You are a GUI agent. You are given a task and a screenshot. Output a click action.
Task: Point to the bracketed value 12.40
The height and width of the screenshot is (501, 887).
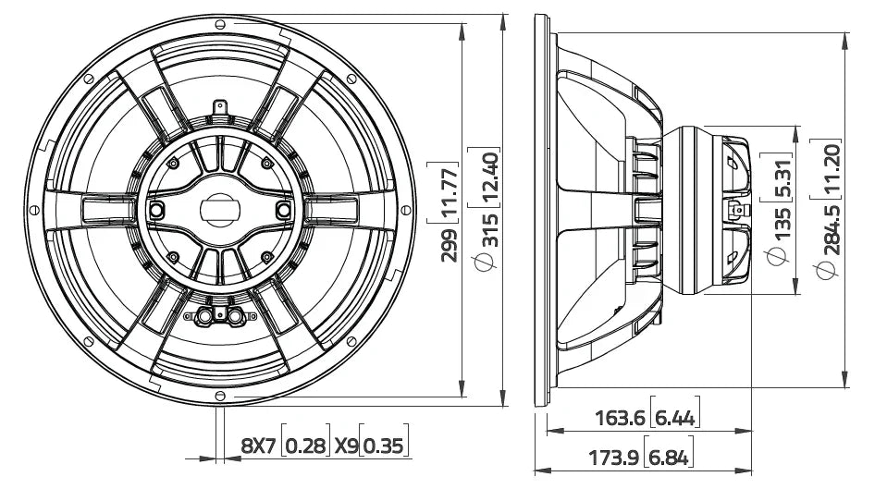pos(491,176)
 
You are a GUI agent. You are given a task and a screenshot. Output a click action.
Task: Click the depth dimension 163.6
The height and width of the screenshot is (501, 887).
pos(619,418)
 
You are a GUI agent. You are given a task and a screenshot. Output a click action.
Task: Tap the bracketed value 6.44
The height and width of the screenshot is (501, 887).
pos(675,418)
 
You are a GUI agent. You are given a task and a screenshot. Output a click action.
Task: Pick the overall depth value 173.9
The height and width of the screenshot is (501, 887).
pos(618,457)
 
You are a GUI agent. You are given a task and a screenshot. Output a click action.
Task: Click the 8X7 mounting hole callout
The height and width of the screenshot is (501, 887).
pos(258,446)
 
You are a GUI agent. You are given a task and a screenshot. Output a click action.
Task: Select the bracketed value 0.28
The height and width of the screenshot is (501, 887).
pos(306,446)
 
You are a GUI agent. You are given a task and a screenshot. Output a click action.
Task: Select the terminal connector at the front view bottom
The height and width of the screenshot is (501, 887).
pos(219,316)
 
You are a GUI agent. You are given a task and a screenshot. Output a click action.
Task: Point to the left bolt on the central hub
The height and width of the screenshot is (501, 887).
pos(156,211)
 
